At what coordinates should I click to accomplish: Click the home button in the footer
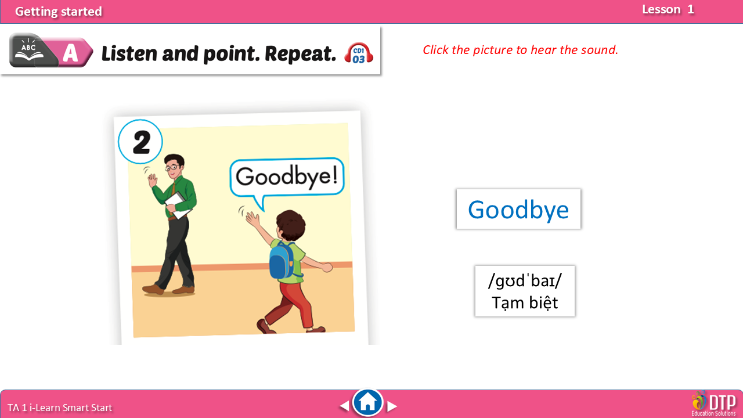[x=367, y=402]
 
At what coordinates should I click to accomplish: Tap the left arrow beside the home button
[x=344, y=406]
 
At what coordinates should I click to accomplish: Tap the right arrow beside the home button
[x=392, y=406]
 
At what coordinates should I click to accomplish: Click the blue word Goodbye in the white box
[x=518, y=210]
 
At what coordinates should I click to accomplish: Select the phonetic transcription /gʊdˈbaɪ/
[x=525, y=280]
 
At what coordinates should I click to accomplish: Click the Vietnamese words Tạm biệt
[x=525, y=302]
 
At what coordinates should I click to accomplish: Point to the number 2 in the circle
[x=142, y=142]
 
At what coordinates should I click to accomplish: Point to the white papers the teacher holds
[x=178, y=206]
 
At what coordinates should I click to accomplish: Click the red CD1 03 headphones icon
[x=359, y=53]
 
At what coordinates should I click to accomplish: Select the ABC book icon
[x=29, y=51]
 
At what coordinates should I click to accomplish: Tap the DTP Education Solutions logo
[x=714, y=403]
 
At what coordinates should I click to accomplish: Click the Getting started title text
[x=59, y=12]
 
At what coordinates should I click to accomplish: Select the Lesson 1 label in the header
[x=668, y=10]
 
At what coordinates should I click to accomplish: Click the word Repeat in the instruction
[x=301, y=54]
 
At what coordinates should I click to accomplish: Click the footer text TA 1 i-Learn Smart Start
[x=60, y=408]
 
